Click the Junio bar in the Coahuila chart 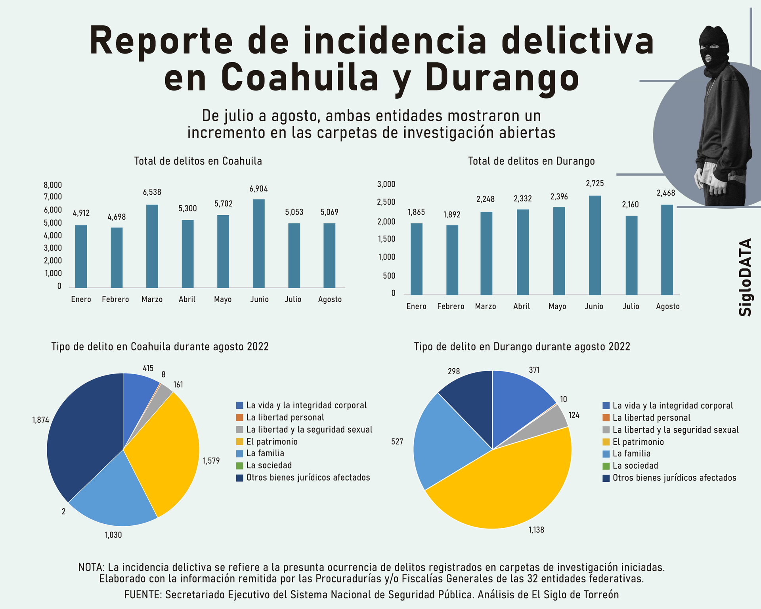[258, 243]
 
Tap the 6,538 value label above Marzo [152, 192]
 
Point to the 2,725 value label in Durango [595, 184]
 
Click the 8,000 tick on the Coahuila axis [53, 185]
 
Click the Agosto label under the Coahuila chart [330, 299]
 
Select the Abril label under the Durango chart [522, 306]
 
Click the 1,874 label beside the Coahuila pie [40, 420]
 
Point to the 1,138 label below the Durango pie [536, 530]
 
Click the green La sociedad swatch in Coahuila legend [239, 465]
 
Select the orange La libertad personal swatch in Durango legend [606, 418]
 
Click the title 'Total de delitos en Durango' [531, 161]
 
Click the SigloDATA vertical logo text [745, 277]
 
